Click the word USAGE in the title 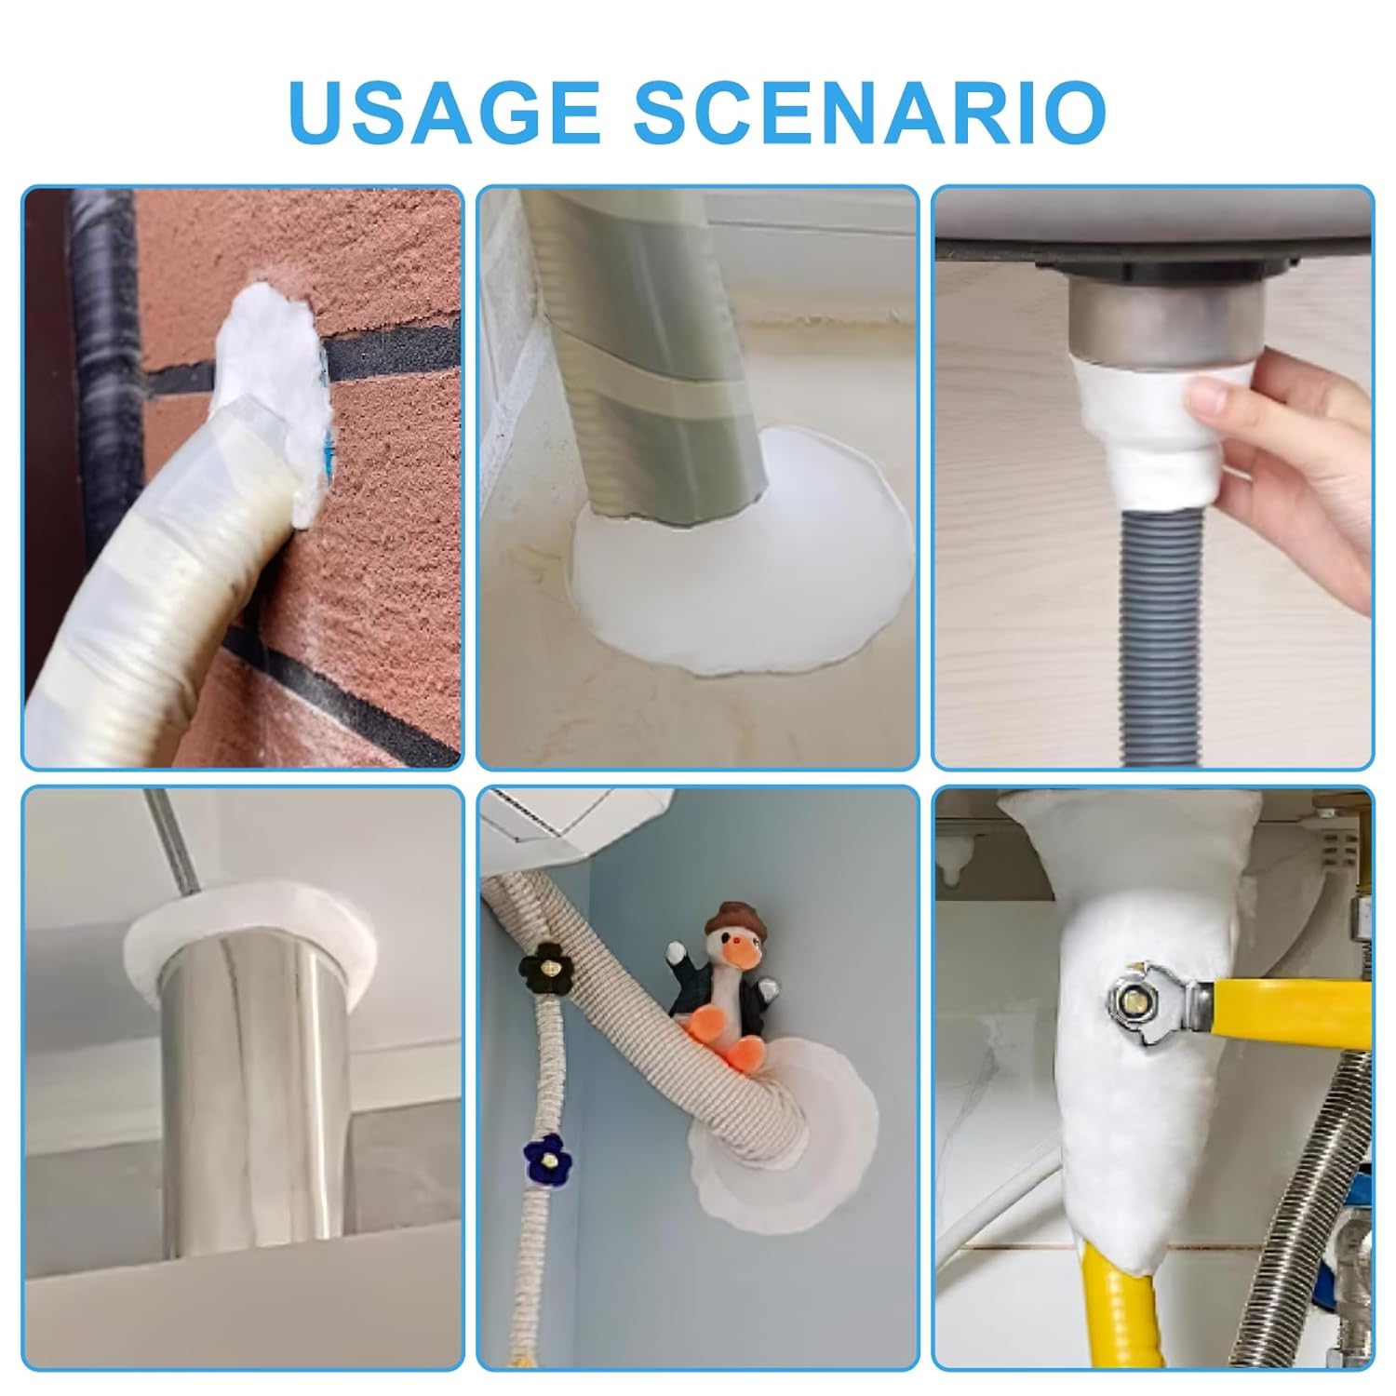point(445,112)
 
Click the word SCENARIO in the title point(869,112)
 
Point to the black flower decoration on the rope point(540,969)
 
